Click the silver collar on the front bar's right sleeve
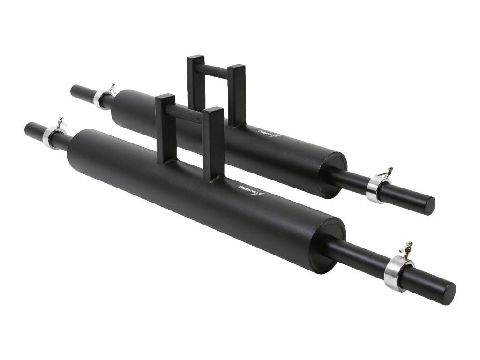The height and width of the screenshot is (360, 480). pos(397,273)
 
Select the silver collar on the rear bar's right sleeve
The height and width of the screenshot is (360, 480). pos(375,189)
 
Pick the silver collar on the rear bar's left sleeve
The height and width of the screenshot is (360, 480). pos(100,99)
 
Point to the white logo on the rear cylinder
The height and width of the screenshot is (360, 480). pos(270,133)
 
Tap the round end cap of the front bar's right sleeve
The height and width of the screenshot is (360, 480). pos(448,293)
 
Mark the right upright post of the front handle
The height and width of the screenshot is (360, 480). pos(213,143)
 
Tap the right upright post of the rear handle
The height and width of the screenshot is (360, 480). pos(237,94)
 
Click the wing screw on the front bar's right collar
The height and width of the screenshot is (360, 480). pos(407,248)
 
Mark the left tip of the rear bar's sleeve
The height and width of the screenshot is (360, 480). pos(74,90)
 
